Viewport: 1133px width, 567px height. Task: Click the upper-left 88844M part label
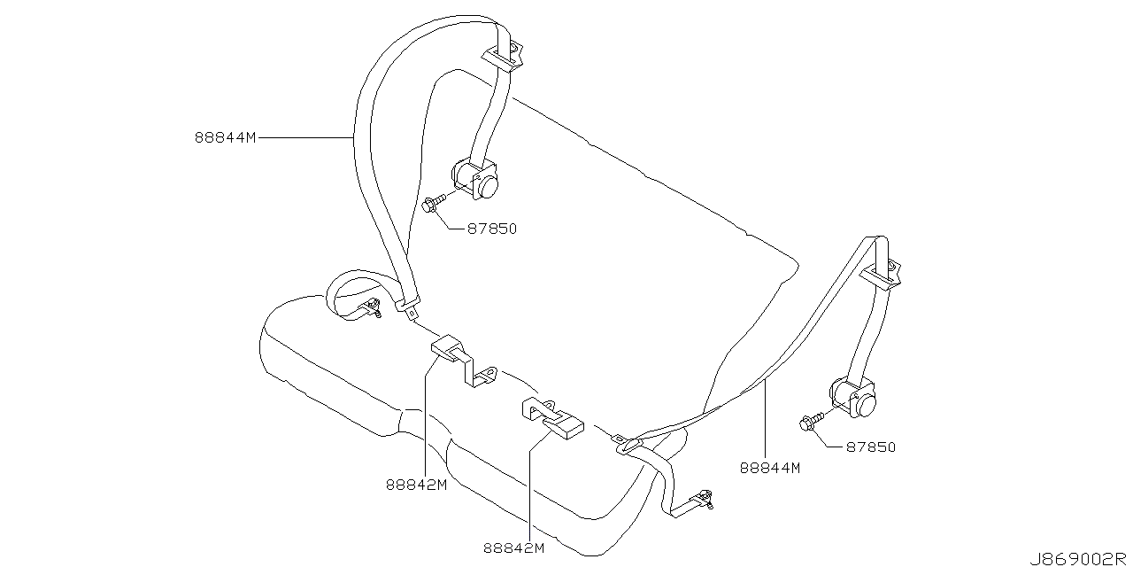pyautogui.click(x=225, y=138)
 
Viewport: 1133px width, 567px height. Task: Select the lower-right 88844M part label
pyautogui.click(x=769, y=467)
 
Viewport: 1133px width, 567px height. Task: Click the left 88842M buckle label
pyautogui.click(x=415, y=485)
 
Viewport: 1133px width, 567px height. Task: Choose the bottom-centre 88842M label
pyautogui.click(x=513, y=548)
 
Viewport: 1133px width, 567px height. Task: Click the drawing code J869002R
pyautogui.click(x=1083, y=558)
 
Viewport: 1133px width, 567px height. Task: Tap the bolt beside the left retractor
pyautogui.click(x=432, y=206)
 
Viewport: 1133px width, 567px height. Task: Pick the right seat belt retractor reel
pyautogui.click(x=853, y=396)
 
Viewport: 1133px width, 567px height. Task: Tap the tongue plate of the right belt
pyautogui.click(x=625, y=445)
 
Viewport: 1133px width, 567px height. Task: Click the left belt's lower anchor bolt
pyautogui.click(x=374, y=309)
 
